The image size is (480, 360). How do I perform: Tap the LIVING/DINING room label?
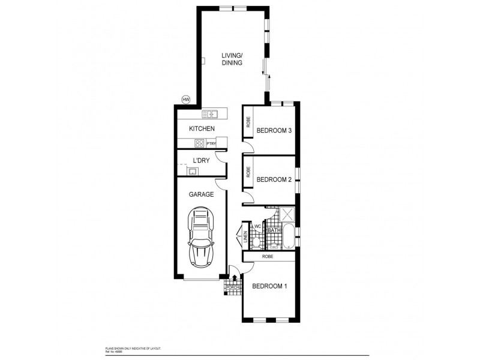[232, 58]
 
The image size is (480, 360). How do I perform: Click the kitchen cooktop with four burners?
[200, 143]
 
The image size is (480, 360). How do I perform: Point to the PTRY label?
[211, 143]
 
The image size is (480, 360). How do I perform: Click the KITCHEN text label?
[202, 129]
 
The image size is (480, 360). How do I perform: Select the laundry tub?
[193, 172]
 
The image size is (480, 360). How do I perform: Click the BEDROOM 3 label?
[274, 131]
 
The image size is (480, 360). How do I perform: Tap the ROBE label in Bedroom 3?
[248, 123]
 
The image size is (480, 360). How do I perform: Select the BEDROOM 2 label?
[274, 179]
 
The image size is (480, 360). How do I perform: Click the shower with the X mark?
[287, 215]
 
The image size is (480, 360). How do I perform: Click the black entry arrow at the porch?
[235, 277]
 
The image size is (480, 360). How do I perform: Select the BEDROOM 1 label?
[269, 286]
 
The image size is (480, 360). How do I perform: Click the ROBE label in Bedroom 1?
[268, 256]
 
